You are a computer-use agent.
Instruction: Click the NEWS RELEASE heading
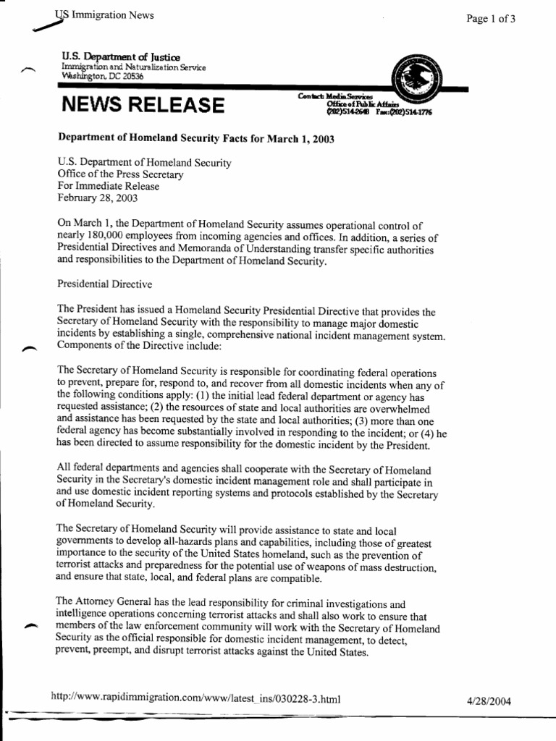coord(143,106)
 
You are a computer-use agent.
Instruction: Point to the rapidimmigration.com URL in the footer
coord(195,699)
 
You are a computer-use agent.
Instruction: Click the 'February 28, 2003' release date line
coord(97,198)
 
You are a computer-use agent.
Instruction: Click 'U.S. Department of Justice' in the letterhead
coord(122,56)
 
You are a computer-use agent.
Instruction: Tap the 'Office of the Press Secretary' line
coord(121,174)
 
